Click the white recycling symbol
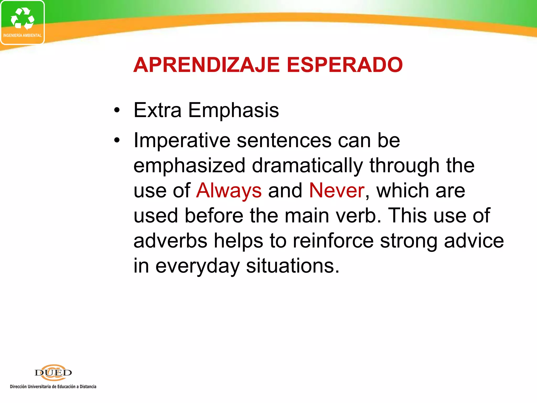coord(22,18)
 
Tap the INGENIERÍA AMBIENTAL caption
coord(22,35)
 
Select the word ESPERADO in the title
coord(345,65)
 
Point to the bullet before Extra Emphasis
coord(117,110)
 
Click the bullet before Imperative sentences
coord(117,140)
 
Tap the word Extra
coord(157,110)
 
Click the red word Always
coord(229,191)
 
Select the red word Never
coord(337,190)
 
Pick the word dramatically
coord(307,166)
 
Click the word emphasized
coord(189,166)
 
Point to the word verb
coord(358,215)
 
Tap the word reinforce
coord(333,241)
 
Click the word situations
coord(293,266)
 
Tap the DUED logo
coord(53,373)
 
